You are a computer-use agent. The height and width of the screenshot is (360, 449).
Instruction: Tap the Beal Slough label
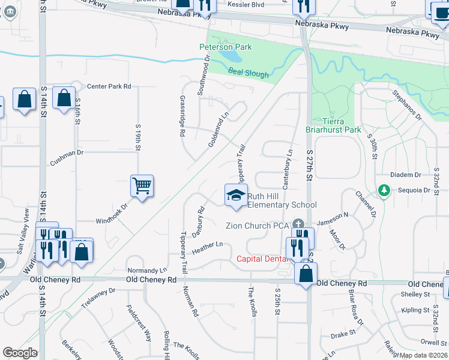(x=249, y=73)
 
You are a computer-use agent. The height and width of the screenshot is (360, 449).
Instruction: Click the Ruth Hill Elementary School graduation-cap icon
(x=236, y=195)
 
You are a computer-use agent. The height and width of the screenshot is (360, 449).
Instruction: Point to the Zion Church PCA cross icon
(x=295, y=222)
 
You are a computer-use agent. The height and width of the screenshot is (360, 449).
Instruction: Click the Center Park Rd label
(x=109, y=86)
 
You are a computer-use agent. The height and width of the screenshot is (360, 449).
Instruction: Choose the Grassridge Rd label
(x=182, y=116)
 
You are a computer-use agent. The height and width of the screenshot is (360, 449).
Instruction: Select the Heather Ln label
(x=207, y=245)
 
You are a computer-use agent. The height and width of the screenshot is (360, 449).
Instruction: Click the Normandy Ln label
(x=146, y=270)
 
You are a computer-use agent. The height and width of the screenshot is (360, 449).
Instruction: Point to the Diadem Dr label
(x=405, y=175)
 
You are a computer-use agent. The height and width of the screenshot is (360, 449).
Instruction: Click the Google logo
(x=20, y=353)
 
